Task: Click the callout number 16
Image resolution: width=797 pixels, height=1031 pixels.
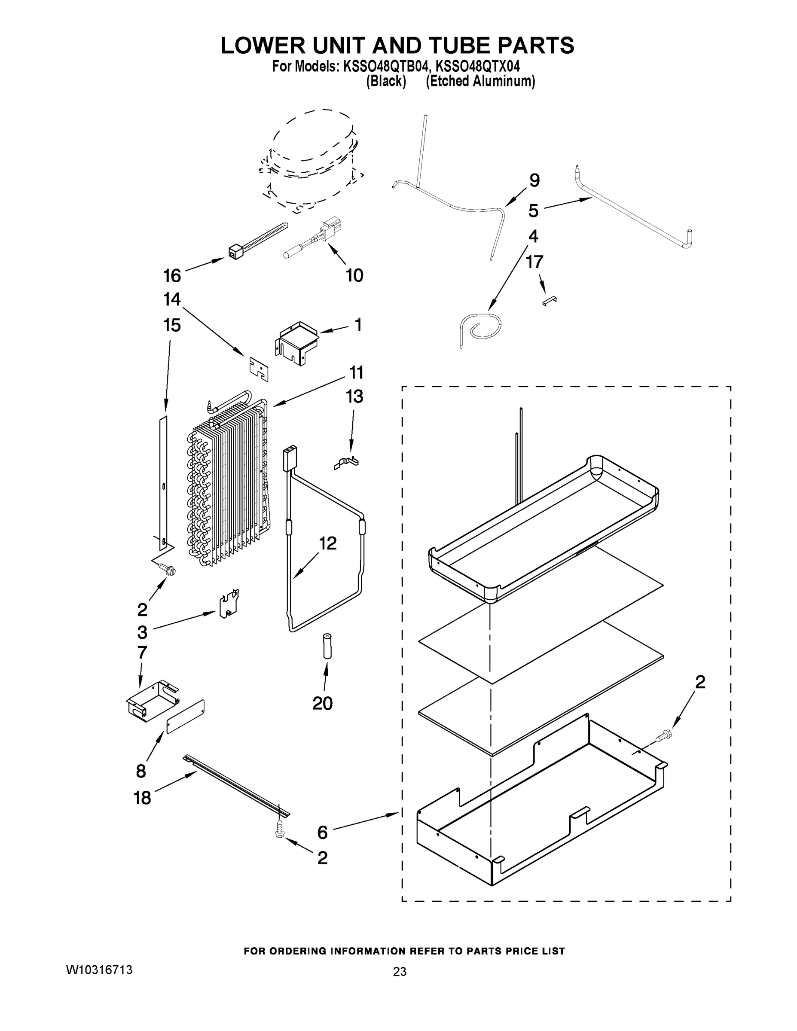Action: point(172,275)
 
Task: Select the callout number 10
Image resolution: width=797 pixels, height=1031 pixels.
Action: point(354,275)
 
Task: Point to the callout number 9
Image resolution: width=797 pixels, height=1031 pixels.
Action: point(534,180)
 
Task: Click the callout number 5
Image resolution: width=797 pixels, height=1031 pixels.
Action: point(533,210)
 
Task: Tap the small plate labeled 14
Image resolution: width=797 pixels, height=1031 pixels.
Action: point(259,368)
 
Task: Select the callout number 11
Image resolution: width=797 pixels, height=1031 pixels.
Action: point(356,372)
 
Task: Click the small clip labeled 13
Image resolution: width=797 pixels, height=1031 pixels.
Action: point(347,463)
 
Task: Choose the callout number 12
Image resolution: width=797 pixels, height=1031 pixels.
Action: point(328,543)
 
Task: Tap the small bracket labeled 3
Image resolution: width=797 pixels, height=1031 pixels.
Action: point(229,604)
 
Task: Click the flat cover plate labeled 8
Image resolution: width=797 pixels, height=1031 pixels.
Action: point(185,716)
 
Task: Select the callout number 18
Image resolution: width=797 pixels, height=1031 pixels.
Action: point(142,798)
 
